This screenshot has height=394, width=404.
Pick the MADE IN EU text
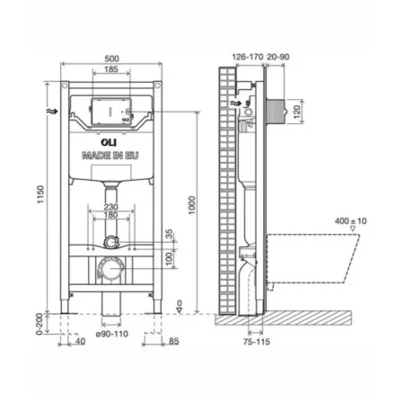click(109, 155)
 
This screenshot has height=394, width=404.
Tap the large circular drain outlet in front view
click(110, 267)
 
